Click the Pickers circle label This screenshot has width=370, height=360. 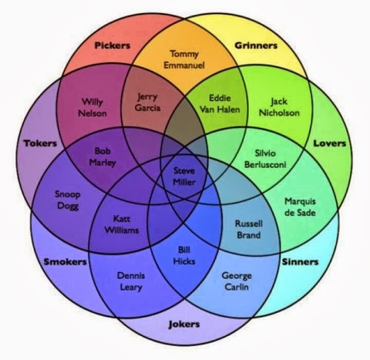pos(113,45)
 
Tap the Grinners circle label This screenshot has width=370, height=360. pos(256,45)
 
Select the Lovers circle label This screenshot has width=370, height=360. pos(329,143)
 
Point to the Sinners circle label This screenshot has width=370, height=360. pos(300,262)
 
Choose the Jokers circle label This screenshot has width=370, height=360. pos(184,325)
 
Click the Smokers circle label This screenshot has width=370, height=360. pos(65,262)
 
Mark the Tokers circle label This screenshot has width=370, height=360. pos(41,143)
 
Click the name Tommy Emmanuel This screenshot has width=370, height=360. pos(184,60)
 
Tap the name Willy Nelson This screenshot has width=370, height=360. pos(92,108)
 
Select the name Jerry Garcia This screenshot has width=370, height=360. pos(147,102)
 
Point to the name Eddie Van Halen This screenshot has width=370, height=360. pos(220,104)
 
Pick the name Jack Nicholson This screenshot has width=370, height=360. pos(279,107)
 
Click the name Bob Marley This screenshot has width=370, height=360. pos(103,157)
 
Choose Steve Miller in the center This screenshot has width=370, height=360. pos(184,176)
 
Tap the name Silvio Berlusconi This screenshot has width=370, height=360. pos(265,159)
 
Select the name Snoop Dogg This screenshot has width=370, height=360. pos(68,200)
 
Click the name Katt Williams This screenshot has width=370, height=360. pos(121,224)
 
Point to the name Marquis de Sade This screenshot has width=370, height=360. pos(300,207)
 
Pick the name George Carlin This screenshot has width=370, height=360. pos(237,281)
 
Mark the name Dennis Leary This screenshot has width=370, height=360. pos(131,281)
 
